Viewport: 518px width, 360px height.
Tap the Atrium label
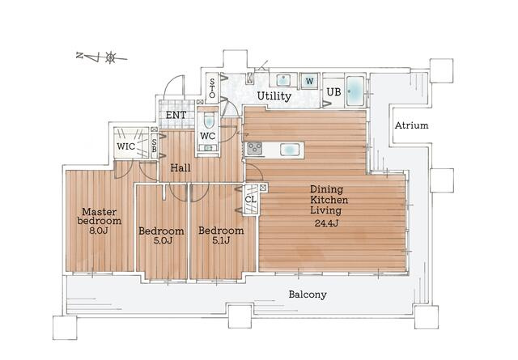(412, 125)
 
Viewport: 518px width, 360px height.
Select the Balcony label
(308, 294)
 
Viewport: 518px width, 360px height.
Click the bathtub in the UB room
(355, 91)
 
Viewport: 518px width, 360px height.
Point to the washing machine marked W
(309, 81)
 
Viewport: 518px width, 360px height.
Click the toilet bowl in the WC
(209, 121)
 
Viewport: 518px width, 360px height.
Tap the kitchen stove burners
(255, 149)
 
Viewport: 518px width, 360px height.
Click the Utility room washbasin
(283, 80)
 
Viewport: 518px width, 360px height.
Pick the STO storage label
(212, 88)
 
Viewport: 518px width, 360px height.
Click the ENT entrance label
(176, 115)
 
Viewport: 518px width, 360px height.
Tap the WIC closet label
(126, 146)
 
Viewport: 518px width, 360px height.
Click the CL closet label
(251, 200)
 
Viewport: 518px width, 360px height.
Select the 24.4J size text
(326, 223)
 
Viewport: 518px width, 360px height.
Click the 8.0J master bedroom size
(99, 231)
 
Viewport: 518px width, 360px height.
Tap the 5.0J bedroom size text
(163, 240)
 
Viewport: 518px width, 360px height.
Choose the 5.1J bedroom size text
(220, 240)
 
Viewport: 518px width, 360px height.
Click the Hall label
(180, 168)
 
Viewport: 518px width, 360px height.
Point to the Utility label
(274, 96)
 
